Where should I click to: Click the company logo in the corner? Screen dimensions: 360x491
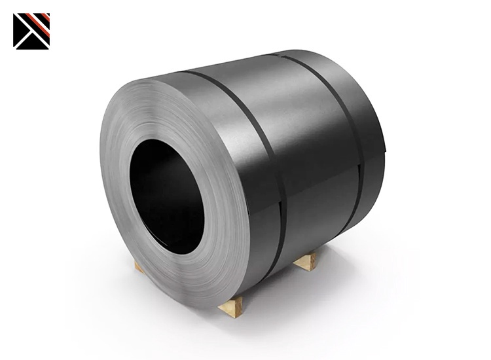31,31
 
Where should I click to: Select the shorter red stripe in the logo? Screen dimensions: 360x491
45,18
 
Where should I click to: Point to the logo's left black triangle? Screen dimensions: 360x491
20,29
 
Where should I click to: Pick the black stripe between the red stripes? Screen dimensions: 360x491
41,20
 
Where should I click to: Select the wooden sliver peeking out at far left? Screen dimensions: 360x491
138,266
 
